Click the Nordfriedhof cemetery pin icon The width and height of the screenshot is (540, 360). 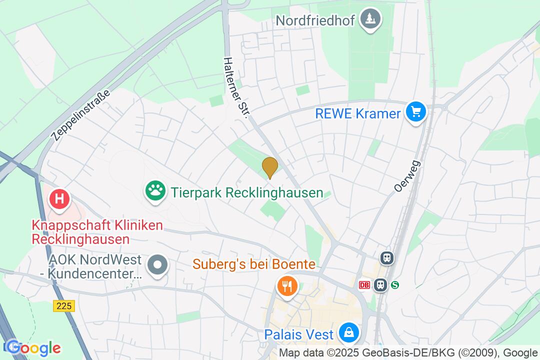click(x=370, y=19)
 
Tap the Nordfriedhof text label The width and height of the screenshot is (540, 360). click(x=315, y=20)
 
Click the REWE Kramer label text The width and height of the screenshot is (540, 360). click(x=358, y=113)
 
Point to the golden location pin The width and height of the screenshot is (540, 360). click(x=270, y=166)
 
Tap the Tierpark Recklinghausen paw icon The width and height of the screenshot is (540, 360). click(x=155, y=191)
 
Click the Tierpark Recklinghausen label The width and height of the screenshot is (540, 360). click(x=247, y=192)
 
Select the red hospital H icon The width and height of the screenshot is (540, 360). click(x=59, y=198)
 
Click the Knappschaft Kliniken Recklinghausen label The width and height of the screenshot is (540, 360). click(x=97, y=232)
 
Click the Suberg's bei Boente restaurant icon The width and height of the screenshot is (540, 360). click(x=287, y=286)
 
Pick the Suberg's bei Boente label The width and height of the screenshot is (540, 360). click(x=254, y=264)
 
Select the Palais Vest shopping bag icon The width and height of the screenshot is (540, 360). click(x=348, y=331)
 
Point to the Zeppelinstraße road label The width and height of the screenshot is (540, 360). click(x=80, y=115)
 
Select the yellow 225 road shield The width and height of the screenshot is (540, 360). click(x=64, y=306)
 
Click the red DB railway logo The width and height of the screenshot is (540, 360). click(x=364, y=285)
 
